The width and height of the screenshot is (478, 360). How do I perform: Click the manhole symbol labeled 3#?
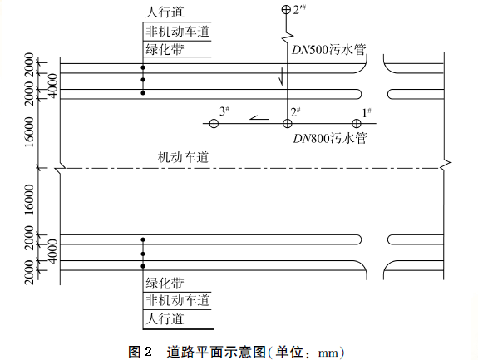[x=214, y=123]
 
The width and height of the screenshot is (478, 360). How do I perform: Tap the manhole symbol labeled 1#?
[x=357, y=123]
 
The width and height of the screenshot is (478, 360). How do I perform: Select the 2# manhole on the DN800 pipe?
[x=287, y=123]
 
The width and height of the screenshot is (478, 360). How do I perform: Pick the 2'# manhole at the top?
[x=286, y=9]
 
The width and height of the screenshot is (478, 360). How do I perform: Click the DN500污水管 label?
[x=328, y=50]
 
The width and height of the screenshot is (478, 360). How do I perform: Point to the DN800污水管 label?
[x=329, y=138]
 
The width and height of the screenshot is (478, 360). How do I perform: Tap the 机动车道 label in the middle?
[x=183, y=157]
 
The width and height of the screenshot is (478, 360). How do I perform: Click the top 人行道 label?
[x=165, y=12]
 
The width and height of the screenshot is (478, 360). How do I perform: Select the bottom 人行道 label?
[x=165, y=319]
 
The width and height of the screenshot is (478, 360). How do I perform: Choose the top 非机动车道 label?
[x=177, y=32]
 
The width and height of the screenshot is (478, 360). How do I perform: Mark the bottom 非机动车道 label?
[x=177, y=300]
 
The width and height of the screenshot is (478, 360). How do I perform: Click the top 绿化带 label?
[x=165, y=49]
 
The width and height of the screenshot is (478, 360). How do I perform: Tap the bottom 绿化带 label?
[x=165, y=284]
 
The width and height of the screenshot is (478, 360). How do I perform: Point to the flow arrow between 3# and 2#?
[x=259, y=118]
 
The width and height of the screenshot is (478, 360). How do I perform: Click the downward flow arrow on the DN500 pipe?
[x=281, y=76]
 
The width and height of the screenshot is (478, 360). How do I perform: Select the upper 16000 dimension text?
[x=30, y=131]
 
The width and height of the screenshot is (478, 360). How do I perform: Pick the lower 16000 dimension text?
[x=30, y=200]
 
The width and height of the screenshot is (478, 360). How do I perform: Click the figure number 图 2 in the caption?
[x=140, y=352]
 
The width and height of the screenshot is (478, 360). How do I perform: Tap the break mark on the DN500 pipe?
[x=288, y=36]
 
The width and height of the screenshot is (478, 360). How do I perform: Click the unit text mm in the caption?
[x=328, y=353]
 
